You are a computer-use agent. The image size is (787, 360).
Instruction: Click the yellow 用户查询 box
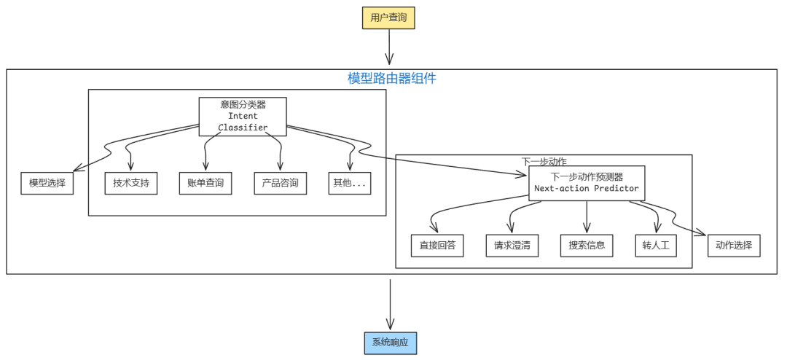pos(388,17)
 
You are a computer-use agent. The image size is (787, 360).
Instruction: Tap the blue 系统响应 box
pos(391,343)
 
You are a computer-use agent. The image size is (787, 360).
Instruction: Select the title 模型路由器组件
pos(391,78)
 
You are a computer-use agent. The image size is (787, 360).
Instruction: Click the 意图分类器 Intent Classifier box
pos(243,116)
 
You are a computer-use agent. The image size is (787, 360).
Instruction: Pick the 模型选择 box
pos(47,183)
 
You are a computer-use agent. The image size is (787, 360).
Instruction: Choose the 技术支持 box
pos(131,183)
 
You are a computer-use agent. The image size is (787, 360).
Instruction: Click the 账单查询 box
pos(205,183)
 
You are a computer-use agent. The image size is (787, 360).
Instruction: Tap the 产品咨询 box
pos(281,183)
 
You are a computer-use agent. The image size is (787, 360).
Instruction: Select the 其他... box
pos(351,183)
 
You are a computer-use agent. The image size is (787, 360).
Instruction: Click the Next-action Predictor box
pos(587,182)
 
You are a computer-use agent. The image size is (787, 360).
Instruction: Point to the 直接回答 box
pos(437,246)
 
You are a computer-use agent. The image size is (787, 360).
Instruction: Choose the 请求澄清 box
pos(512,246)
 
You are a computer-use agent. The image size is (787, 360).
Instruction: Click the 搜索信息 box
pos(587,246)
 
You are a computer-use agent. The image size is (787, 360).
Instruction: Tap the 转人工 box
pos(656,246)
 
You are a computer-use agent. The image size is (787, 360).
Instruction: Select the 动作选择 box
pos(734,246)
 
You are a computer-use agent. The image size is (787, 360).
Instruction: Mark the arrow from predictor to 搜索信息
pos(587,216)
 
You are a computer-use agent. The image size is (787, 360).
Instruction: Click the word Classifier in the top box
pos(243,128)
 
